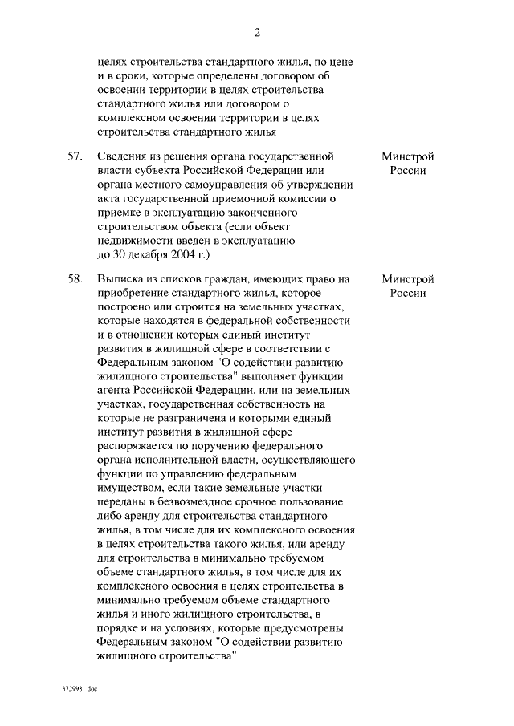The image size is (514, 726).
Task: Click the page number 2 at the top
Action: coord(257,33)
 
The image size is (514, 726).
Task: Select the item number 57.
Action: coord(74,156)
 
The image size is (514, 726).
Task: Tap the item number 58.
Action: coord(74,279)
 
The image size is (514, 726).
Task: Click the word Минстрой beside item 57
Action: coord(408,156)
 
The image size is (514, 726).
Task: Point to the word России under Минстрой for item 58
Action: coord(408,294)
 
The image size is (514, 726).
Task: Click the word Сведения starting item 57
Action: coord(120,156)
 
